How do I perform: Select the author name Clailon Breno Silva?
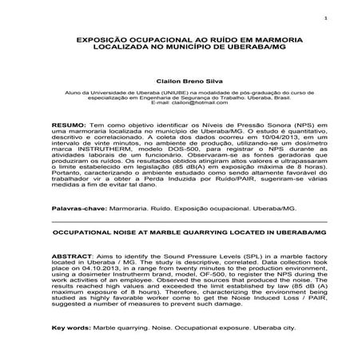[x=181, y=81]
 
